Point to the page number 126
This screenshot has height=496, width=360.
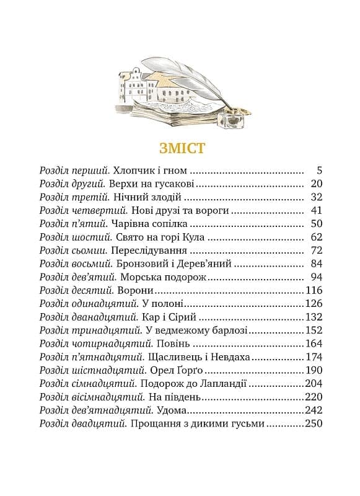coord(314,304)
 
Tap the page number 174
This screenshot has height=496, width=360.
coord(314,358)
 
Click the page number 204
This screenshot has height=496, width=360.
coord(314,384)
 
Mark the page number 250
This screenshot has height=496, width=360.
coord(314,425)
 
